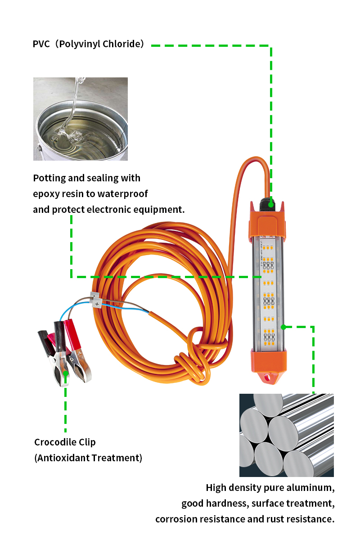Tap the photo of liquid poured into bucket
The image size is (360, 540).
[80, 119]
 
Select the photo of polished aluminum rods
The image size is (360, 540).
[286, 435]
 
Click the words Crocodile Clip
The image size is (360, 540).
[65, 442]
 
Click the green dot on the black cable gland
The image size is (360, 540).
[271, 205]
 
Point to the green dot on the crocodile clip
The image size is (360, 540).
[66, 373]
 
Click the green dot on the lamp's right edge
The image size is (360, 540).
[283, 327]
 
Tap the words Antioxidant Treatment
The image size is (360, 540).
[88, 458]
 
